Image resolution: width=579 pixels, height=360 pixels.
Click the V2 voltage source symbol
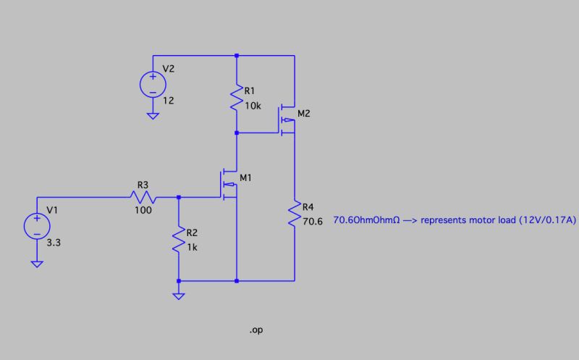point(153,84)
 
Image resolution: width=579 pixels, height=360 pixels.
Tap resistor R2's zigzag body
point(179,239)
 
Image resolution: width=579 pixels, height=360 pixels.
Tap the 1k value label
point(192,246)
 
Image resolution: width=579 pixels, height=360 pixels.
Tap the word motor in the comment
point(478,220)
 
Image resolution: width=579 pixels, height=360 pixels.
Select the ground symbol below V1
point(37,264)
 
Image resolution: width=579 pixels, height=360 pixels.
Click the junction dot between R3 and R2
point(179,196)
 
